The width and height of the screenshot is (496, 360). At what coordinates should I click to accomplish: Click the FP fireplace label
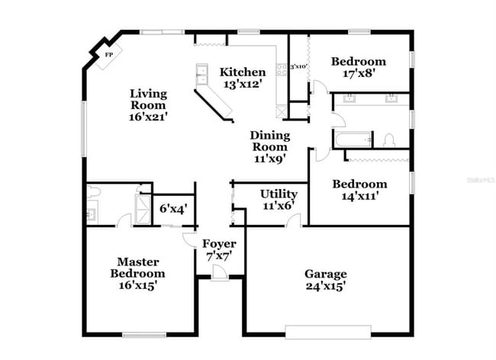click(x=108, y=56)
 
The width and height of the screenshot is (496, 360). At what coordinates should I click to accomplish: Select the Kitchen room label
click(x=243, y=72)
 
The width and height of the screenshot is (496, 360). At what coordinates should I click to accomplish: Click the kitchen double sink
click(x=203, y=75)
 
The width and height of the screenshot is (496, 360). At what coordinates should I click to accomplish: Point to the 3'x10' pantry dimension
click(x=298, y=67)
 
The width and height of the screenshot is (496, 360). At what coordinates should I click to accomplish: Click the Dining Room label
click(x=270, y=141)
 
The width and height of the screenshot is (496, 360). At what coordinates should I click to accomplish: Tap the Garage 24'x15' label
click(x=326, y=280)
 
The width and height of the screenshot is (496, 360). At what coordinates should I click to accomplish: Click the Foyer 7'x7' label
click(x=219, y=249)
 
